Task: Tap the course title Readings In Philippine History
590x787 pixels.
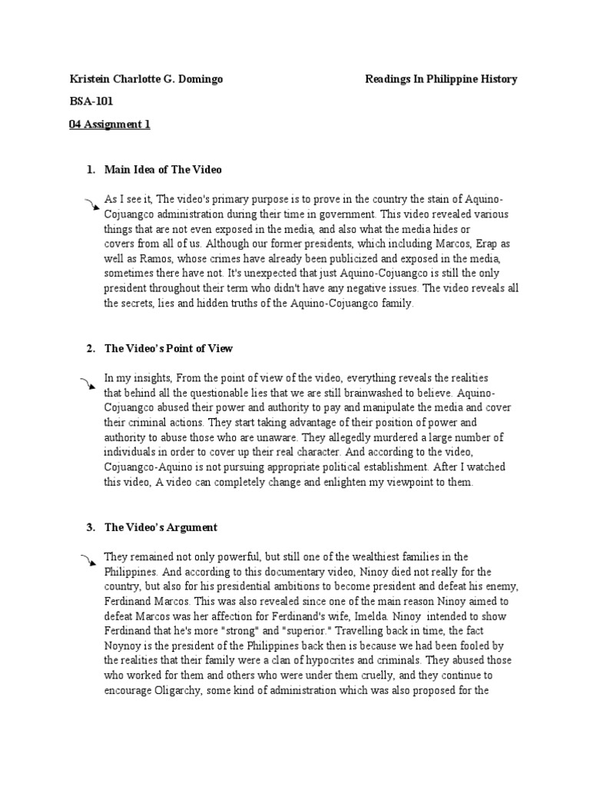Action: [441, 79]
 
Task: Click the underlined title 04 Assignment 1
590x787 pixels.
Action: [109, 125]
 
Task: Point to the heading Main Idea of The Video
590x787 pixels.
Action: [163, 169]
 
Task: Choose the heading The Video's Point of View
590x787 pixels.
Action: [168, 348]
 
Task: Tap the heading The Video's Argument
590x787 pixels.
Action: [161, 527]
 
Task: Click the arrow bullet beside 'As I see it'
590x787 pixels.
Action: [91, 203]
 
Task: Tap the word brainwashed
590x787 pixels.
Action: [376, 393]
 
